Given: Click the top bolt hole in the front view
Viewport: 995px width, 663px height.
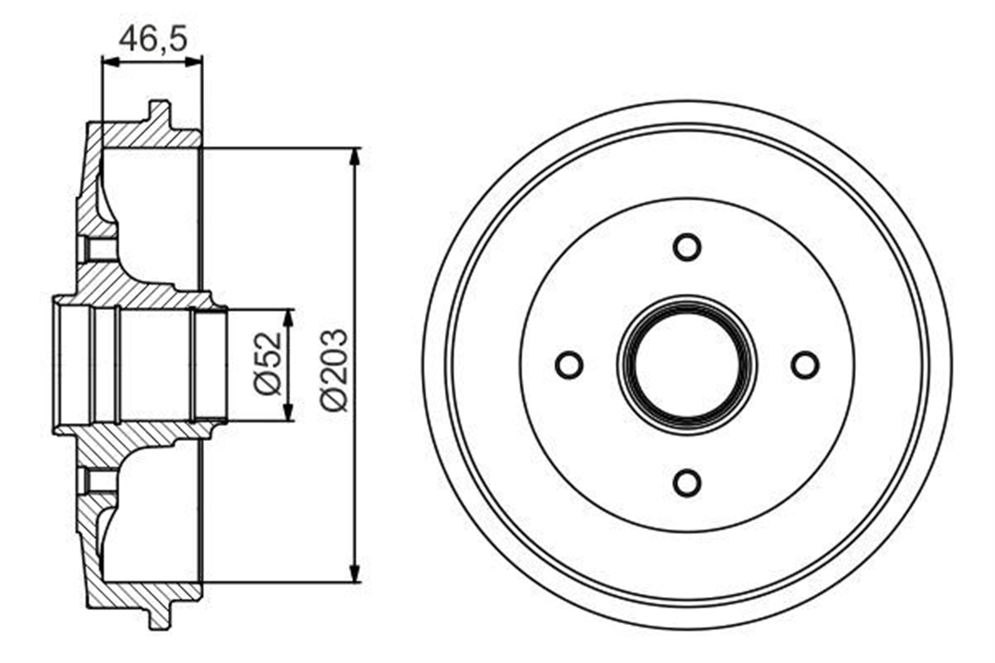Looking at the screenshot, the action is tap(687, 247).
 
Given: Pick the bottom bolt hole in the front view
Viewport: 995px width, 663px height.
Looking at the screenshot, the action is tap(687, 482).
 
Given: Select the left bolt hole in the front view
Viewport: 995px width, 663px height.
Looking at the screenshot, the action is tap(570, 365).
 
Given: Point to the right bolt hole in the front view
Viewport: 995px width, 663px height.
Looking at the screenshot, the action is tap(805, 365).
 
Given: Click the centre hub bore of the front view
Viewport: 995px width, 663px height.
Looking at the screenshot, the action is tap(687, 365).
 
